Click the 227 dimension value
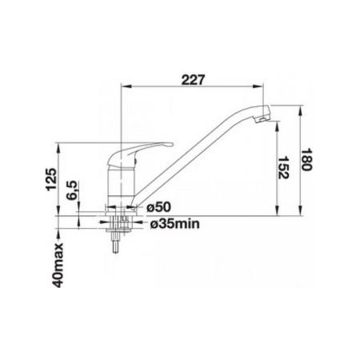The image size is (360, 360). pyautogui.click(x=193, y=80)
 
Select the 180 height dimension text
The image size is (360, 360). pyautogui.click(x=306, y=159)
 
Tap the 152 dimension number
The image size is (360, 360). pyautogui.click(x=283, y=167)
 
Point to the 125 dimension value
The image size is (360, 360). pyautogui.click(x=51, y=179)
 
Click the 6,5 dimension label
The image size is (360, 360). pyautogui.click(x=71, y=190)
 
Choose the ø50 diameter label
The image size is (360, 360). pyautogui.click(x=158, y=207)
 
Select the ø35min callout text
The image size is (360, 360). pyautogui.click(x=174, y=223)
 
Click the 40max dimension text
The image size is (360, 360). pyautogui.click(x=58, y=266)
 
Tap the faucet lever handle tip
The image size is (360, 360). pyautogui.click(x=170, y=145)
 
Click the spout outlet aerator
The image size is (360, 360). pyautogui.click(x=262, y=120)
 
